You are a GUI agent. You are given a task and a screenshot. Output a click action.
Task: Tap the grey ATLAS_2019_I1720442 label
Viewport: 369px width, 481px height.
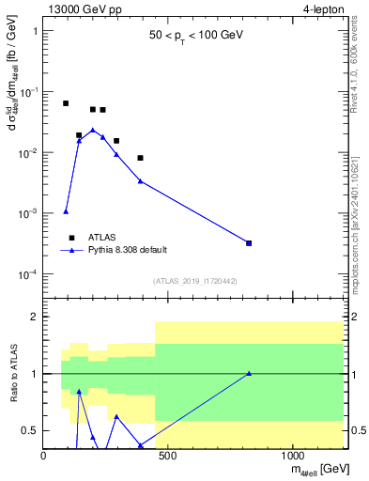pyautogui.click(x=193, y=281)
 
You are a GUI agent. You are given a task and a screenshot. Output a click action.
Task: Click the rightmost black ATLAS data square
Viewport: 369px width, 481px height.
pyautogui.click(x=249, y=243)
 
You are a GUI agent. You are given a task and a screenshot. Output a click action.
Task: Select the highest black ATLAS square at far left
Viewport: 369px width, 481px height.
pyautogui.click(x=66, y=103)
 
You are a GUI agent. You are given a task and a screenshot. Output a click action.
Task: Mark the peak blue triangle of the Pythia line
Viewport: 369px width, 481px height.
pyautogui.click(x=93, y=130)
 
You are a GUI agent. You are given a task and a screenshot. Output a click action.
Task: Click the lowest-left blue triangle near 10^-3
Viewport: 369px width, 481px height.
pyautogui.click(x=66, y=211)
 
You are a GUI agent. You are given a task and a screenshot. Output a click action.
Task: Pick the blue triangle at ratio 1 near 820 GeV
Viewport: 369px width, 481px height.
pyautogui.click(x=249, y=373)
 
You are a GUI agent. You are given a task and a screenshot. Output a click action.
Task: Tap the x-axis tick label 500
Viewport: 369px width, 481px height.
pyautogui.click(x=168, y=456)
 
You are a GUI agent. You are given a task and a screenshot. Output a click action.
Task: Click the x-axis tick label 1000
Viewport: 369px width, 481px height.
pyautogui.click(x=293, y=456)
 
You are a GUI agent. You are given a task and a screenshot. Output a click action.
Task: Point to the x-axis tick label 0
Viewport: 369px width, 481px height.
pyautogui.click(x=44, y=456)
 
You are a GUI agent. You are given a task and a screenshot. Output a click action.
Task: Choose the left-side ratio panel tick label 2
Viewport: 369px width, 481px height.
pyautogui.click(x=34, y=317)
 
